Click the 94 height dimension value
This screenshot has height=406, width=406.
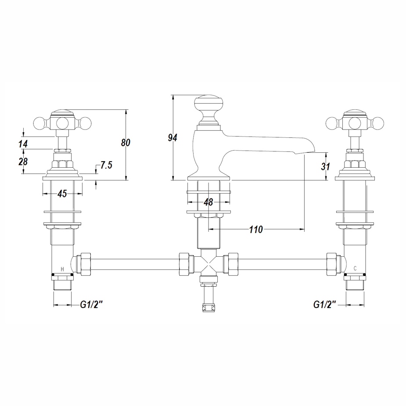tap(172, 138)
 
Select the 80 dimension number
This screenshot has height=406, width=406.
tap(126, 142)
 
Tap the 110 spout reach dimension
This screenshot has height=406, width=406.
tap(256, 230)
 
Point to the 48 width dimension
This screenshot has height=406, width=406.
tap(208, 202)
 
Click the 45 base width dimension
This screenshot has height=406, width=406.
tap(62, 194)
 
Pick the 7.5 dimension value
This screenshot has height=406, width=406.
tap(106, 165)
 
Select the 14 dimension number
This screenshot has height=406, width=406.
tap(23, 144)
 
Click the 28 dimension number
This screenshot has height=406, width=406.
tap(23, 162)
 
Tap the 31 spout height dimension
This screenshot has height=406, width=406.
tap(326, 166)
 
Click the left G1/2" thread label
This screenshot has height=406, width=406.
tap(91, 305)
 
